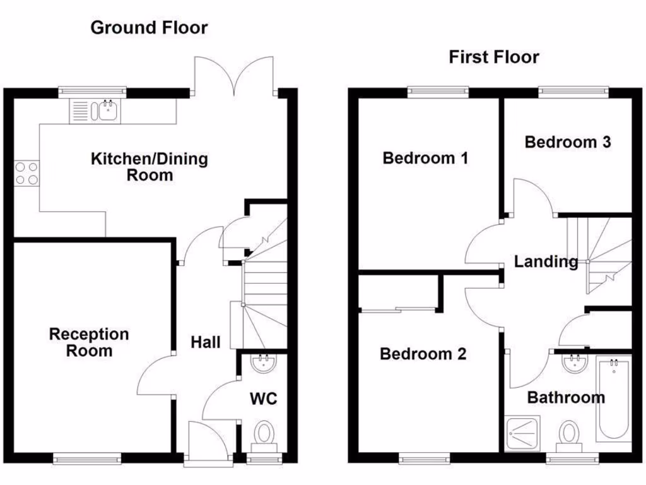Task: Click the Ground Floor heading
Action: point(149,28)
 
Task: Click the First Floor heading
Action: point(494,57)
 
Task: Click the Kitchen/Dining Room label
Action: point(150,166)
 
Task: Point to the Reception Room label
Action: point(89,342)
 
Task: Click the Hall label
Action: point(206,342)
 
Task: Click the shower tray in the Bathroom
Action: point(522,433)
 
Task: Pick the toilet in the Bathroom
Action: point(570,435)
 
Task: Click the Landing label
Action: point(546,261)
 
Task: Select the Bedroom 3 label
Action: point(568,142)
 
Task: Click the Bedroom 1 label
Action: point(425,157)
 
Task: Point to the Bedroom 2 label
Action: point(423,354)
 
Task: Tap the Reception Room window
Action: point(87,459)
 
